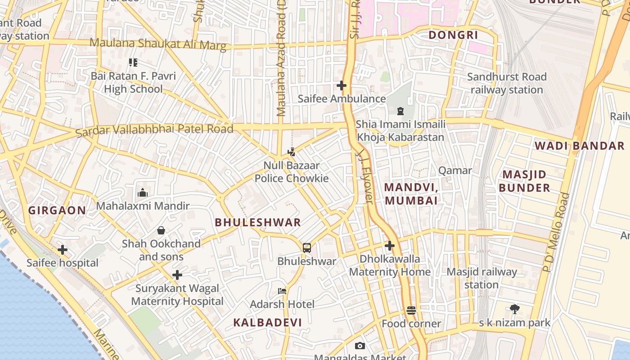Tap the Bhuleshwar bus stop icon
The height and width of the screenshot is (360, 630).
[x=307, y=247]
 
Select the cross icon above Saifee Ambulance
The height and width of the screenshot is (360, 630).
[x=342, y=85]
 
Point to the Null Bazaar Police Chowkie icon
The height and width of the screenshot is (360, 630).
[x=292, y=152]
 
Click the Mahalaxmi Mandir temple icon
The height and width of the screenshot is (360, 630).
[x=143, y=193]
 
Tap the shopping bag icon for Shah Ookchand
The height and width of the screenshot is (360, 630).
[x=161, y=230]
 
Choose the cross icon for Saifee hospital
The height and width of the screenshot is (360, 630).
[x=63, y=249]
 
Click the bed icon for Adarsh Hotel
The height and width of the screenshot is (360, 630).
[x=282, y=291]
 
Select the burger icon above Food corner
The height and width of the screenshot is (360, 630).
[x=411, y=310]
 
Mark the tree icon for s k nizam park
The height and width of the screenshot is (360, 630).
[x=515, y=309]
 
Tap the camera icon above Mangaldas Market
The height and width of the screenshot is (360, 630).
[x=360, y=346]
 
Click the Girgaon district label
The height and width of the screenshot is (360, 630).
[x=57, y=210]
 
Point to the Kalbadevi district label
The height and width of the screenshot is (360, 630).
[x=267, y=322]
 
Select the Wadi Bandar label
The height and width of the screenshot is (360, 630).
[x=579, y=146]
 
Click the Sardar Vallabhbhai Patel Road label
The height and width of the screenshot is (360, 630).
[x=154, y=130]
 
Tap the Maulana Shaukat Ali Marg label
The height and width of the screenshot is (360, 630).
[x=158, y=44]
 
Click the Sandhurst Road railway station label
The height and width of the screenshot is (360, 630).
[x=507, y=83]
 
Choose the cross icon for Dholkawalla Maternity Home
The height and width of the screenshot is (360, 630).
[x=390, y=246]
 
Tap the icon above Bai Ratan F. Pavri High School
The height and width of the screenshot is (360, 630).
[x=133, y=62]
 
